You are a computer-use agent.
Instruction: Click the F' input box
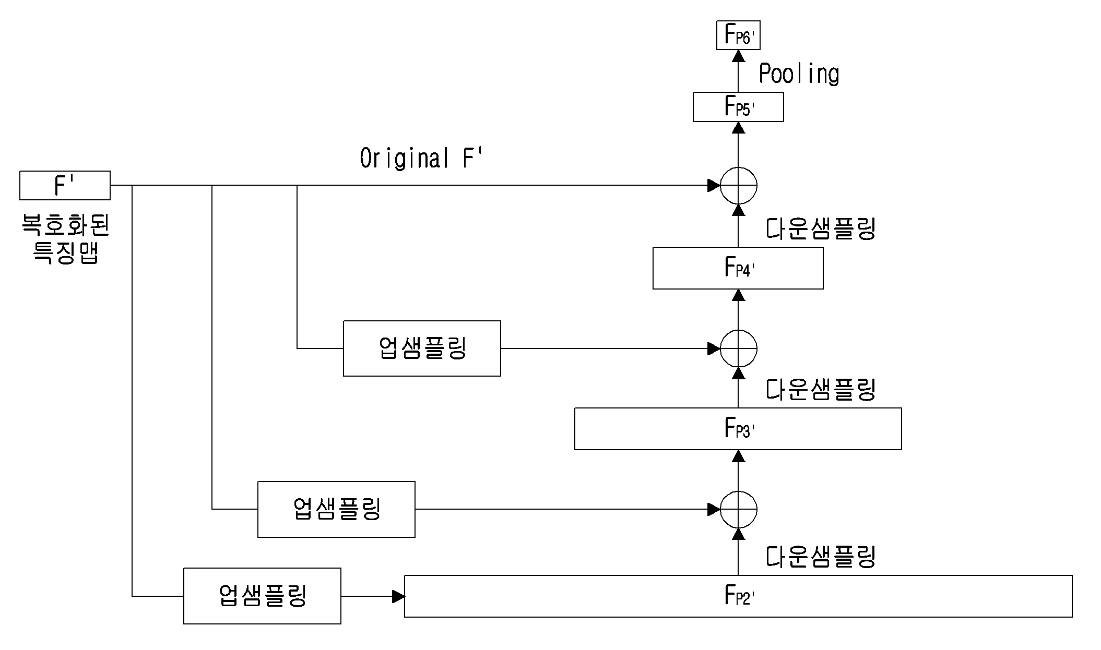click(x=65, y=185)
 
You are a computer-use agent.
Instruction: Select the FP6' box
click(x=738, y=35)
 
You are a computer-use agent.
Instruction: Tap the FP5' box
click(x=738, y=107)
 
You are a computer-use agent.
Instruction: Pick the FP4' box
click(x=738, y=268)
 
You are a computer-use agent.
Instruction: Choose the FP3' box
click(x=738, y=429)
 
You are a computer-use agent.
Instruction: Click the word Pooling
click(x=799, y=74)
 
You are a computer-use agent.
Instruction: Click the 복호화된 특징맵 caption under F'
click(x=65, y=238)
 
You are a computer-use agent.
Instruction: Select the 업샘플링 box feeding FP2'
click(x=262, y=596)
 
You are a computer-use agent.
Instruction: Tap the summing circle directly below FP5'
click(x=738, y=185)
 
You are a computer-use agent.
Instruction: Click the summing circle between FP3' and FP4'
click(x=738, y=348)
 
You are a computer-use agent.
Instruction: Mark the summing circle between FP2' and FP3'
click(x=738, y=509)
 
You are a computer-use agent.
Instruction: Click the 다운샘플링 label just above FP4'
click(x=821, y=228)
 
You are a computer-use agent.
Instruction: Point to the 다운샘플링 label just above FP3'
click(x=821, y=389)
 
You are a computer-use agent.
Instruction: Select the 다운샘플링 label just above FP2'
click(x=821, y=557)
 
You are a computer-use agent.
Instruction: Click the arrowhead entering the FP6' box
click(x=738, y=56)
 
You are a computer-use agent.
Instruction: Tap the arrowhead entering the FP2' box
click(x=399, y=596)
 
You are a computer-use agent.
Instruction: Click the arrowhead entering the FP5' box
click(x=738, y=128)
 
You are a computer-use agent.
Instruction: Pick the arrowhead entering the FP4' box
click(x=738, y=295)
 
